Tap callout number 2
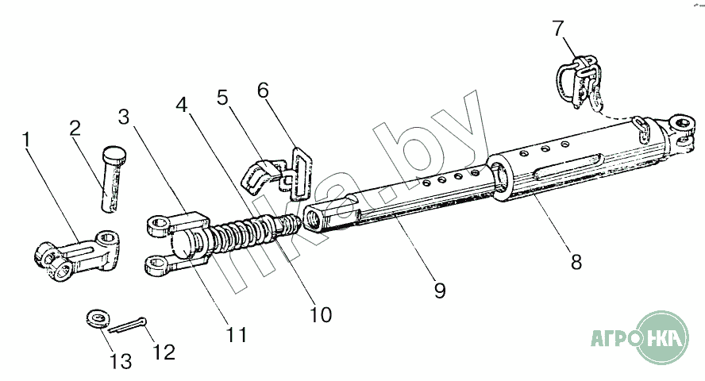pyautogui.click(x=75, y=128)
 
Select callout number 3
pyautogui.click(x=123, y=117)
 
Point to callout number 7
pyautogui.click(x=559, y=29)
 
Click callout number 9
pyautogui.click(x=439, y=291)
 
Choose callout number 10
pyautogui.click(x=320, y=314)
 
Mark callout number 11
pyautogui.click(x=236, y=334)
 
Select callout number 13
pyautogui.click(x=121, y=363)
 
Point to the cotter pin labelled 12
pyautogui.click(x=127, y=325)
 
